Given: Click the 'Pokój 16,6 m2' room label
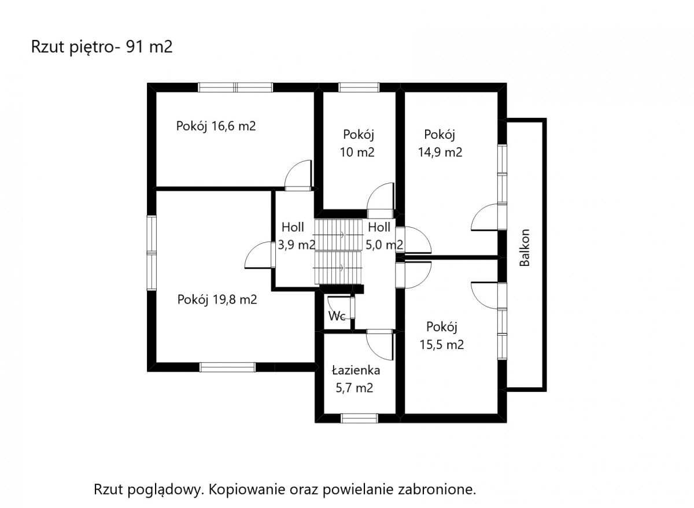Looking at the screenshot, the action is (216, 127).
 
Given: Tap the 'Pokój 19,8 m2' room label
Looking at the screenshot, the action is (217, 300).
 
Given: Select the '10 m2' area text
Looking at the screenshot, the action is (357, 152).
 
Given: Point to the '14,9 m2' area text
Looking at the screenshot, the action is (440, 152).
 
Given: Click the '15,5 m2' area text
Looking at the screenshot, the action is (441, 344).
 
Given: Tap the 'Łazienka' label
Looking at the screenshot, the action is (356, 370).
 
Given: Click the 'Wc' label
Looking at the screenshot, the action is (337, 316).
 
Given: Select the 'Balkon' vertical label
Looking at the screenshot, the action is (525, 248).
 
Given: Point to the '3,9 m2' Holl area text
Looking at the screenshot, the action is (297, 245).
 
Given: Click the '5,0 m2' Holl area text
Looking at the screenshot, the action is (384, 245).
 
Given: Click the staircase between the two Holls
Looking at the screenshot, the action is (338, 251).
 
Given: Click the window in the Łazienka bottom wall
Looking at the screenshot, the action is (359, 418).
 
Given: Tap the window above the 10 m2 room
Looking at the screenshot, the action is (359, 87).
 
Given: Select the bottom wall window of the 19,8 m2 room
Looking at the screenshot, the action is (228, 367).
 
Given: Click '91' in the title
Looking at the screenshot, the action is (135, 47).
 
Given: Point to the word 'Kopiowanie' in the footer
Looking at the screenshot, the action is (247, 490).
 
